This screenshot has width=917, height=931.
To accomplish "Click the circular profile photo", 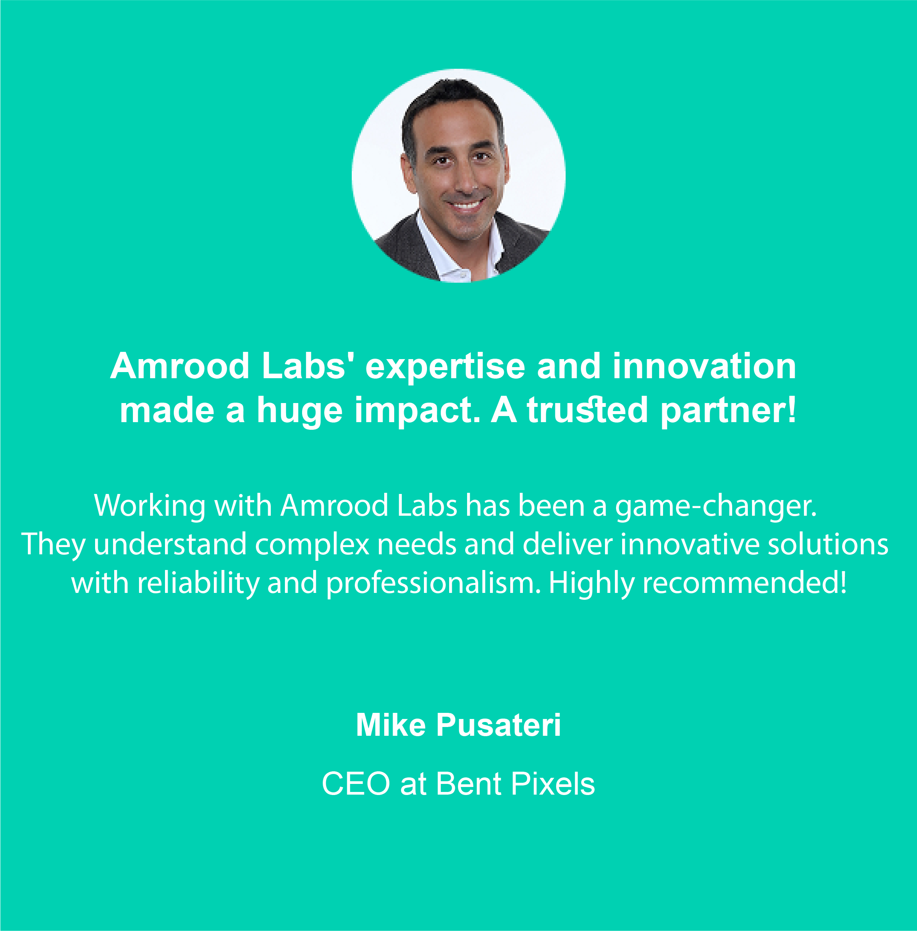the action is pyautogui.click(x=458, y=175).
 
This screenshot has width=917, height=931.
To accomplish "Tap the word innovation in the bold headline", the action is pyautogui.click(x=705, y=366).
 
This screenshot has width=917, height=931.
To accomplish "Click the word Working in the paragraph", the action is pyautogui.click(x=150, y=507).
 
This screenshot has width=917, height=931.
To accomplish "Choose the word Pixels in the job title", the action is pyautogui.click(x=553, y=784).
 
